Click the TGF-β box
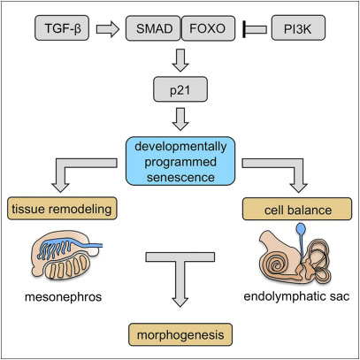[62, 28]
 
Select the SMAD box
[153, 28]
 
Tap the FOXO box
[208, 28]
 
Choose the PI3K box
[298, 28]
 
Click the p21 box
[180, 89]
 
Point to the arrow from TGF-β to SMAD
[108, 29]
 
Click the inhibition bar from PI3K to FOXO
[255, 29]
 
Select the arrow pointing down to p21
[180, 60]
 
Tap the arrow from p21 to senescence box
[180, 119]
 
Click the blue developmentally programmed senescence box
[180, 161]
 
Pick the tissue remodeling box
[62, 209]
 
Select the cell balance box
[297, 209]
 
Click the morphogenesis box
[180, 334]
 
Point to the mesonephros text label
[63, 296]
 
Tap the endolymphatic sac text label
[296, 296]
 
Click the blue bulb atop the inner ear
[301, 228]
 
